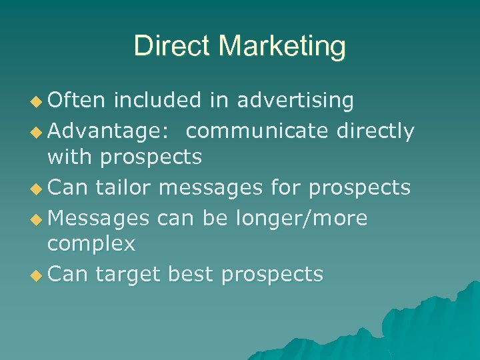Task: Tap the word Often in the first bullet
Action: coord(76,101)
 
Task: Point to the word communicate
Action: coord(257,131)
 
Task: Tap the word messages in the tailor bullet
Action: coord(217,188)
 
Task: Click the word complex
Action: coord(91,245)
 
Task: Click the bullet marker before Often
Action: coord(37,102)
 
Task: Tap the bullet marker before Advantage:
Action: coord(37,132)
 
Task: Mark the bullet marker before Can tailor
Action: coord(37,189)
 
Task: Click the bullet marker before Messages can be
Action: coord(37,219)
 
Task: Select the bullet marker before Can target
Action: coord(37,275)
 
